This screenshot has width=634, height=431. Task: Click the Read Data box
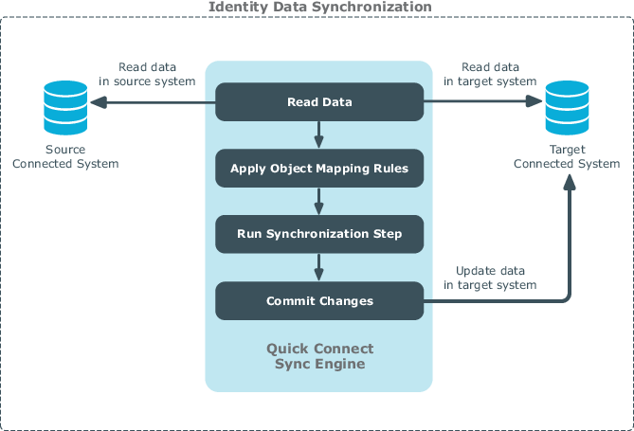pyautogui.click(x=319, y=102)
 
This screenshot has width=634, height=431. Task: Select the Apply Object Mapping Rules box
pyautogui.click(x=319, y=169)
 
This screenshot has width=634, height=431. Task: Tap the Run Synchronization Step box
pyautogui.click(x=319, y=234)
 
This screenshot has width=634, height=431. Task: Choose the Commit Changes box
pyautogui.click(x=319, y=301)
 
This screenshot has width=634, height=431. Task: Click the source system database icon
pyautogui.click(x=65, y=108)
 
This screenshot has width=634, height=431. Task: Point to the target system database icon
pyautogui.click(x=567, y=108)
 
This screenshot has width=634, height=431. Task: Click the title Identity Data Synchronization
pyautogui.click(x=319, y=7)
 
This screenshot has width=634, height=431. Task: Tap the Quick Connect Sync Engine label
pyautogui.click(x=319, y=356)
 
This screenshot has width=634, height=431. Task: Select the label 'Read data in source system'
pyautogui.click(x=147, y=74)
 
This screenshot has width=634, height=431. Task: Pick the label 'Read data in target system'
pyautogui.click(x=490, y=74)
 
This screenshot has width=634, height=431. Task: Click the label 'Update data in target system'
pyautogui.click(x=490, y=278)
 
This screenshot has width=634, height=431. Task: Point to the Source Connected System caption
pyautogui.click(x=65, y=156)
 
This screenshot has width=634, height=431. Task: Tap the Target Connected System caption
pyautogui.click(x=567, y=156)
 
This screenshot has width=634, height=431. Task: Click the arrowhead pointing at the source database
pyautogui.click(x=99, y=102)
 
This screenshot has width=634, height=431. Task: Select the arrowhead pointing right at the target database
pyautogui.click(x=534, y=101)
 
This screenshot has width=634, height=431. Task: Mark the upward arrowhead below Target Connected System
pyautogui.click(x=570, y=182)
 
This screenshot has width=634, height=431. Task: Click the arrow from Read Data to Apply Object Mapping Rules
pyautogui.click(x=319, y=135)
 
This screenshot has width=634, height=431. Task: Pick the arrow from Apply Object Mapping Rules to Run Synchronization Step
pyautogui.click(x=319, y=202)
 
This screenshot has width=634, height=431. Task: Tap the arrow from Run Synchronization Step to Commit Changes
pyautogui.click(x=319, y=267)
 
